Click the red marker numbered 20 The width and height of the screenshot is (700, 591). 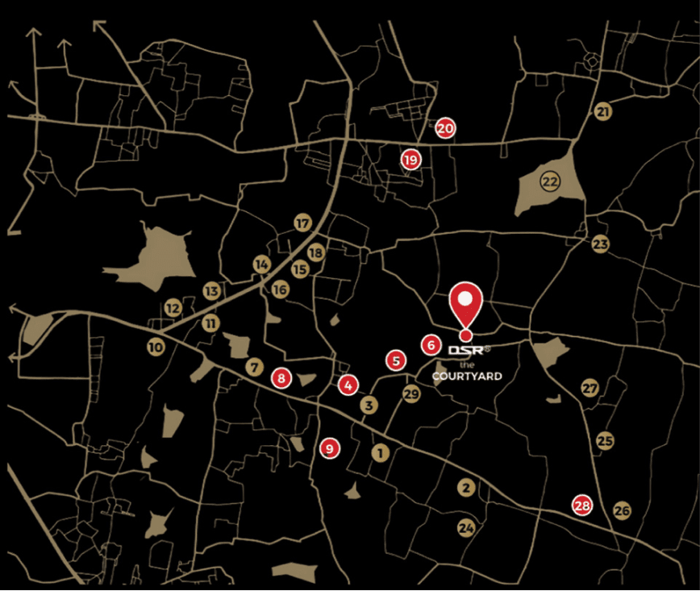[x=445, y=127]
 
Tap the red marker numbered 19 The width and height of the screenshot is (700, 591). [x=411, y=160]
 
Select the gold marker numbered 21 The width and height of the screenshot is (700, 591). [x=602, y=111]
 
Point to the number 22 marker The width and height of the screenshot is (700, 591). [x=550, y=181]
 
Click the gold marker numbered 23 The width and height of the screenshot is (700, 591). [x=600, y=243]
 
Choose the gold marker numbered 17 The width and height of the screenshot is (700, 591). [x=302, y=223]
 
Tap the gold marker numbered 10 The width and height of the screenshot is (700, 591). [x=156, y=348]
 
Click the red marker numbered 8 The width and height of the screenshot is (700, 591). [x=281, y=377]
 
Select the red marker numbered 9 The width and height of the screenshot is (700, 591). [x=329, y=447]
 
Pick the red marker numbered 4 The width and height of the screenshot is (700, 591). [x=348, y=385]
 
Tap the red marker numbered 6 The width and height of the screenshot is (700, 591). [x=431, y=345]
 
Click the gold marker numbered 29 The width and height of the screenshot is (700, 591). [x=411, y=393]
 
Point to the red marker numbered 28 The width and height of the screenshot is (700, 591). [x=581, y=506]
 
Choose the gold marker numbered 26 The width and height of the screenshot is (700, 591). [x=621, y=510]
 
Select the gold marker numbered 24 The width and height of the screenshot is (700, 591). [x=465, y=529]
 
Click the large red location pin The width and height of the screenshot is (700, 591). [x=465, y=305]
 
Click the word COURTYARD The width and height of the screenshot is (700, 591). [x=467, y=377]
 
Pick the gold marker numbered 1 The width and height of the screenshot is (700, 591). [x=380, y=453]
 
